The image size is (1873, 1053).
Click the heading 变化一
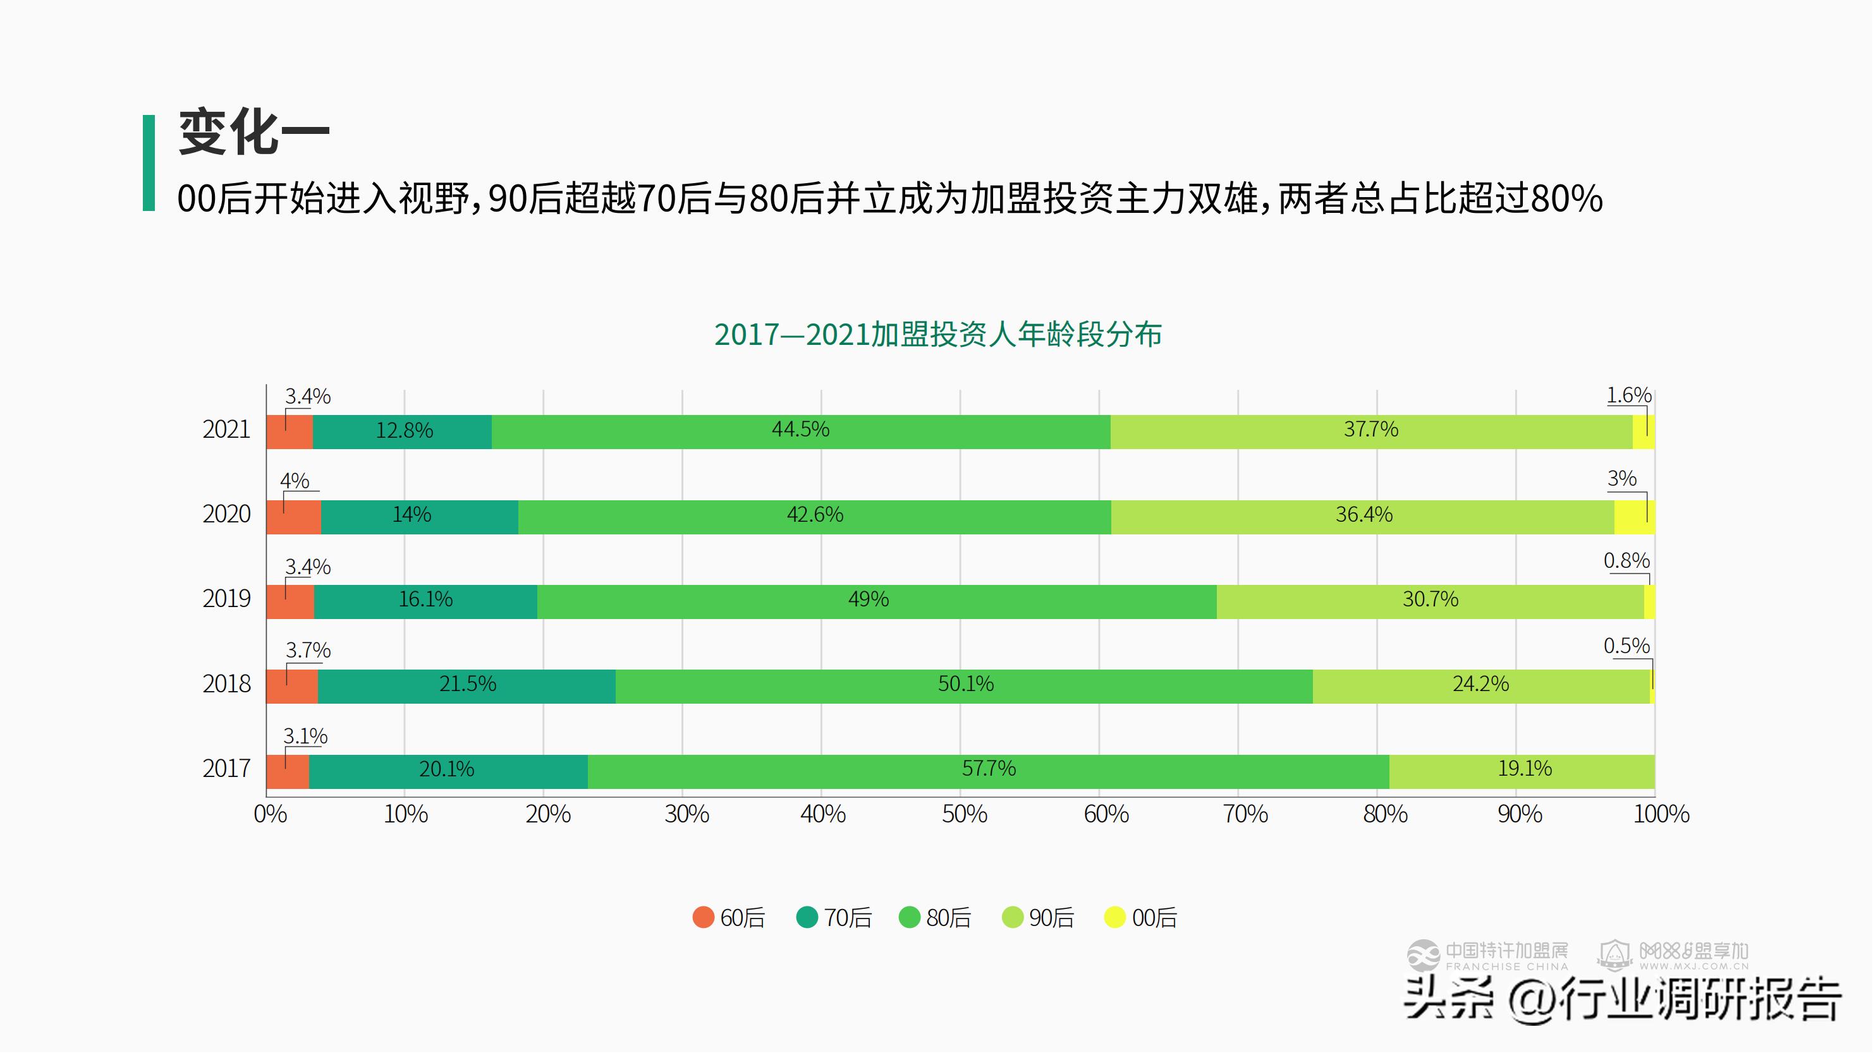tap(253, 133)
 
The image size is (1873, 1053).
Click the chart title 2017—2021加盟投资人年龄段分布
tap(938, 335)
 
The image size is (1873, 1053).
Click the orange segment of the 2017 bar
tap(288, 772)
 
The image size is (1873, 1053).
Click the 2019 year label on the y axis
tap(226, 599)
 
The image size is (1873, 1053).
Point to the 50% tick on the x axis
tap(964, 815)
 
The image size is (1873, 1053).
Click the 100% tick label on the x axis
tap(1661, 815)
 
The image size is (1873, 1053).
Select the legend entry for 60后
tap(729, 918)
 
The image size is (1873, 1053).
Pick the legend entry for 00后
tap(1140, 918)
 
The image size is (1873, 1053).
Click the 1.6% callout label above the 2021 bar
tap(1629, 396)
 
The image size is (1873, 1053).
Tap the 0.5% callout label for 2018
tap(1626, 646)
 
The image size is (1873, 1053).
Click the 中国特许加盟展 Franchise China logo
tap(1487, 956)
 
